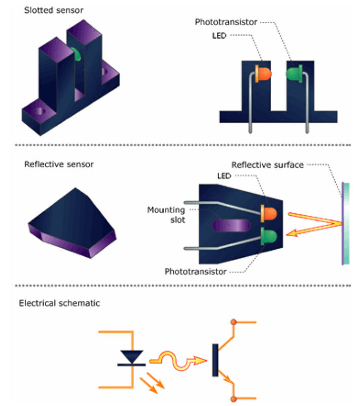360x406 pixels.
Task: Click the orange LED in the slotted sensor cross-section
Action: pos(265,74)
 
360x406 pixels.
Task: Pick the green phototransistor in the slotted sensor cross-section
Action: pos(294,75)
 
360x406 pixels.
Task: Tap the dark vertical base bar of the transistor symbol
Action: pos(215,360)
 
